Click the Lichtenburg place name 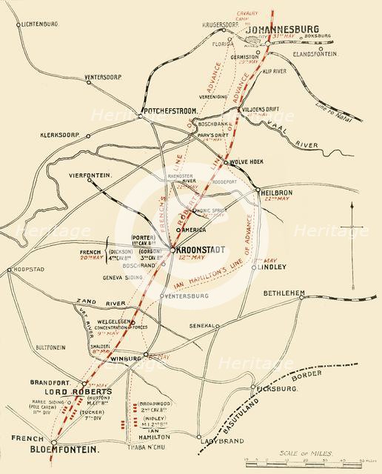(30, 24)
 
